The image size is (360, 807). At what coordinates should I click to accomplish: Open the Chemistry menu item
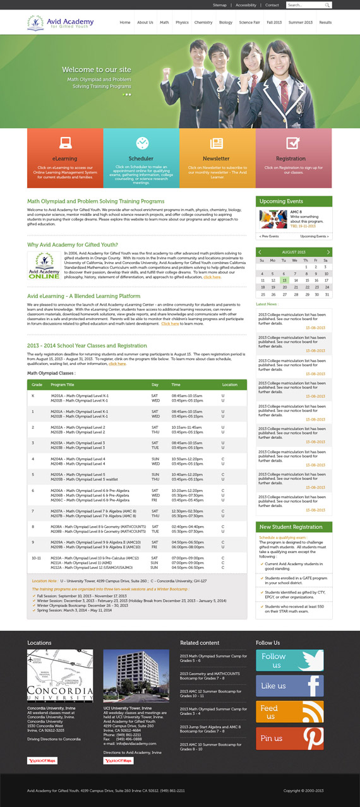point(203,22)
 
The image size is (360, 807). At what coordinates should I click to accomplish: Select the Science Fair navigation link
point(249,22)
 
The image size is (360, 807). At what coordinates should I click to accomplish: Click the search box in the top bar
point(306,5)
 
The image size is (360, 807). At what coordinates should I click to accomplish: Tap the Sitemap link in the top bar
point(219,5)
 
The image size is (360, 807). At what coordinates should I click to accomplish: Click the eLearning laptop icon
point(65,143)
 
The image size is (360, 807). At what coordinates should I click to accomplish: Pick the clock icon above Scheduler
point(141,143)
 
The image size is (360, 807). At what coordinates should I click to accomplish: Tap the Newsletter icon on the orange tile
point(217,143)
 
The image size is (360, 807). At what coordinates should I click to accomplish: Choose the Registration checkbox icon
point(292,143)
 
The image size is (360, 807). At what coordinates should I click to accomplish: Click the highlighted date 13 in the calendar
point(284,280)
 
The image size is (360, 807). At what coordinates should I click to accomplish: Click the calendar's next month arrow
point(328,252)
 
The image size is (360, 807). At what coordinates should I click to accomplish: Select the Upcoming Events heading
point(282,201)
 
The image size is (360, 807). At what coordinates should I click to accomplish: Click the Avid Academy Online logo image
point(44,266)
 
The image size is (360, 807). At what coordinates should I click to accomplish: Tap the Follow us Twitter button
point(289,661)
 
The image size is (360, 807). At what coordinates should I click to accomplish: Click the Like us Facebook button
point(289,686)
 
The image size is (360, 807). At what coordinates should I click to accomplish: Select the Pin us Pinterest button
point(289,738)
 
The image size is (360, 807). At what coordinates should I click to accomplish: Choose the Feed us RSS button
point(289,712)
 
